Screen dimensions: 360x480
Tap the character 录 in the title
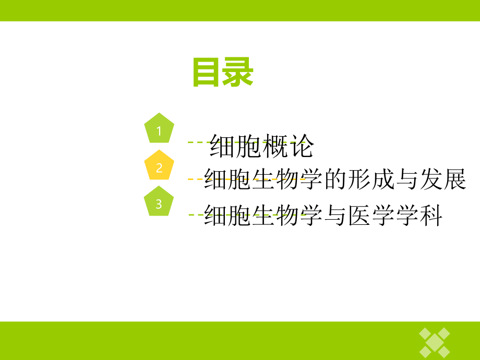(x=238, y=72)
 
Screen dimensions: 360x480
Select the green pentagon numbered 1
(x=159, y=128)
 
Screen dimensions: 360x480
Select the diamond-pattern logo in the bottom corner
(x=435, y=341)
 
